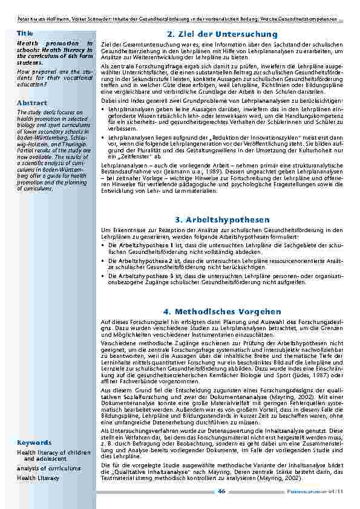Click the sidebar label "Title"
25,33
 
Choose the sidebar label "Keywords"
34,443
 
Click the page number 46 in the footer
221,491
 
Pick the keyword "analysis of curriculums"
48,468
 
